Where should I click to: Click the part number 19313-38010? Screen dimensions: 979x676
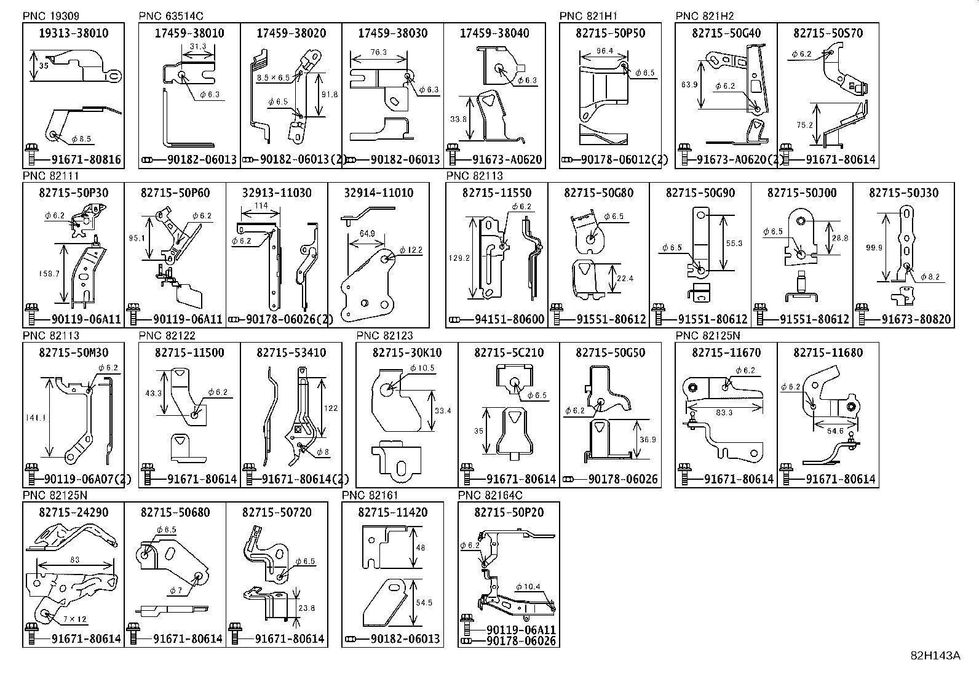point(73,33)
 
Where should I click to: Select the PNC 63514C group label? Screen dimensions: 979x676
point(171,16)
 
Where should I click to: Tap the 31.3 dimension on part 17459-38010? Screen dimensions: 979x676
point(199,46)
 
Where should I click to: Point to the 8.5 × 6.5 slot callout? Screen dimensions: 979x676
point(273,78)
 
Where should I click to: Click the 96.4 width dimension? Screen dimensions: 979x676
point(605,50)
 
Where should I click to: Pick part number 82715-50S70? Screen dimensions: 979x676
point(828,33)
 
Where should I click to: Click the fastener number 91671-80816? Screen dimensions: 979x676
point(86,159)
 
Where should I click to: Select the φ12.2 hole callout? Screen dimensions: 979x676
point(411,250)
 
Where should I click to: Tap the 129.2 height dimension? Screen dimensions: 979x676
point(459,258)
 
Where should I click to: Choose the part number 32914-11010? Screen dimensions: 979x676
point(378,193)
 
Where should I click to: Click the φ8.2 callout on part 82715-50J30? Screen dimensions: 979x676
point(930,277)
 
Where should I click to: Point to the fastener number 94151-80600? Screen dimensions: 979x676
point(510,319)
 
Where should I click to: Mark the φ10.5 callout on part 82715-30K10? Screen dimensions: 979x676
point(422,368)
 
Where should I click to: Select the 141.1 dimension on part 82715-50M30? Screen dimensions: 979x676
point(36,418)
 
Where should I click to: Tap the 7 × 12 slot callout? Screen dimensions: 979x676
point(75,619)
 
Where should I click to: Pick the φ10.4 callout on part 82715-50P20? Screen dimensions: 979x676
point(528,587)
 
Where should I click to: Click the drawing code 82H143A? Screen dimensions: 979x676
point(935,656)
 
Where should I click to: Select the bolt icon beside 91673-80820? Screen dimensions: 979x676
point(862,314)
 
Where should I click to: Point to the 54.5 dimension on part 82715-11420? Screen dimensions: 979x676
point(424,603)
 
